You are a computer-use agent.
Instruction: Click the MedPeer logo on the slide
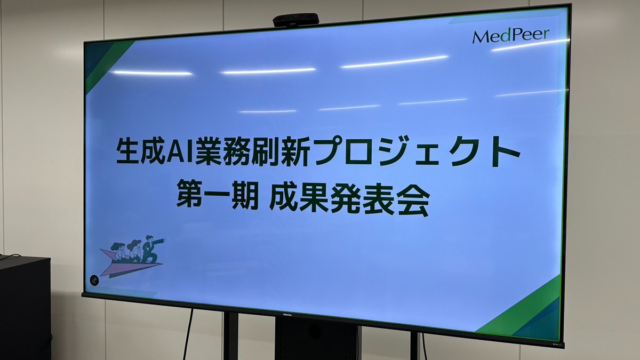[x=511, y=36]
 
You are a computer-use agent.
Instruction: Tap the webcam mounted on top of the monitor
[x=295, y=20]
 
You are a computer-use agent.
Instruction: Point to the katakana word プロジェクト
[x=417, y=151]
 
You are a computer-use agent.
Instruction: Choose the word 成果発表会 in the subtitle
[x=350, y=199]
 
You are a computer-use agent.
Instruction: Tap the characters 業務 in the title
[x=223, y=151]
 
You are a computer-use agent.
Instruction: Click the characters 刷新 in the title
[x=282, y=151]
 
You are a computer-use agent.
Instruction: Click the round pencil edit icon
[x=94, y=281]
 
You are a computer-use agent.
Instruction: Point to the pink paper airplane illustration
[x=130, y=263]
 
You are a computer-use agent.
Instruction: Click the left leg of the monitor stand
[x=231, y=335]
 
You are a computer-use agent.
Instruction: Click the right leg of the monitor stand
[x=415, y=346]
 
